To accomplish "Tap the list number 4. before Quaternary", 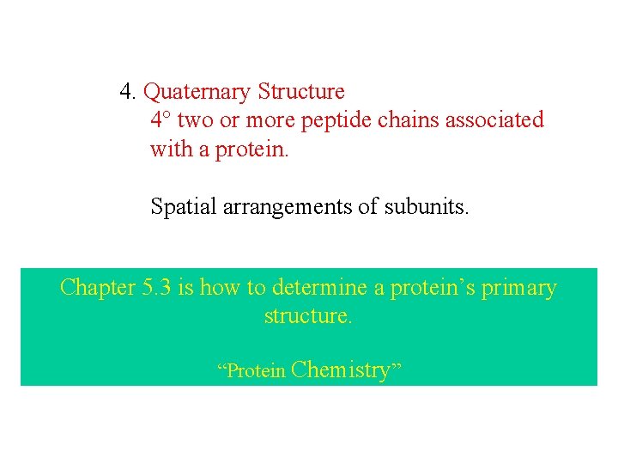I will point(128,91).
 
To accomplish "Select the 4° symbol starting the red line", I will point(161,119).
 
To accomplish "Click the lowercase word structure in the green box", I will point(308,315).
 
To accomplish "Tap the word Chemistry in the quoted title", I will point(341,370).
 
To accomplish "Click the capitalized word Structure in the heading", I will point(301,91).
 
